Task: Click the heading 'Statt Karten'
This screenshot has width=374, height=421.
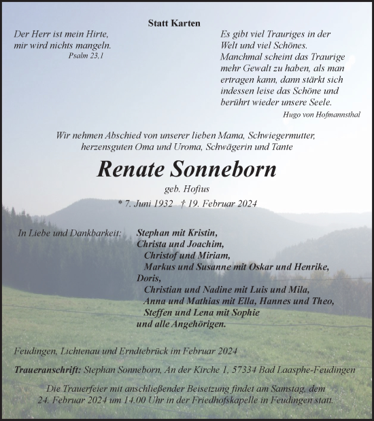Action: click(x=174, y=23)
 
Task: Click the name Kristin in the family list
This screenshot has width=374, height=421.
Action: click(x=202, y=232)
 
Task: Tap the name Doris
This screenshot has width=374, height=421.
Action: click(x=148, y=278)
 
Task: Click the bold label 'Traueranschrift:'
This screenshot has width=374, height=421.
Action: click(x=45, y=371)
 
